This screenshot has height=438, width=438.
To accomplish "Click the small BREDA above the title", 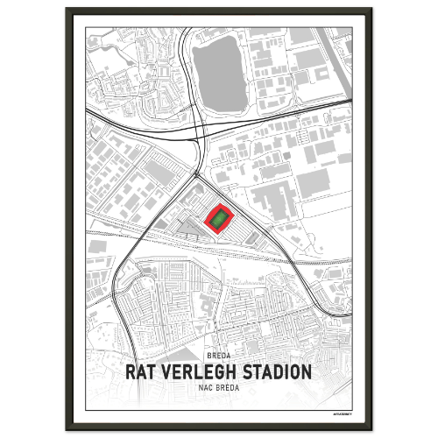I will pyautogui.click(x=218, y=356).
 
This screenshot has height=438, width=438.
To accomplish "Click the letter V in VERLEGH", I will pyautogui.click(x=170, y=371).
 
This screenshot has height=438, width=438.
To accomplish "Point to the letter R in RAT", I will pyautogui.click(x=132, y=371).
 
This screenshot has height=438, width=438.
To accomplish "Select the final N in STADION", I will pyautogui.click(x=306, y=371).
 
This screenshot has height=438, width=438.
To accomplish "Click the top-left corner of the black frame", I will pyautogui.click(x=66, y=9).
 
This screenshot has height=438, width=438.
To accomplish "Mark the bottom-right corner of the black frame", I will pyautogui.click(x=371, y=429).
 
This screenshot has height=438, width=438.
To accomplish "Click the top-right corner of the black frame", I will pyautogui.click(x=371, y=9).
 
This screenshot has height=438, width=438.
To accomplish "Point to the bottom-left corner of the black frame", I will pyautogui.click(x=66, y=429).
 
